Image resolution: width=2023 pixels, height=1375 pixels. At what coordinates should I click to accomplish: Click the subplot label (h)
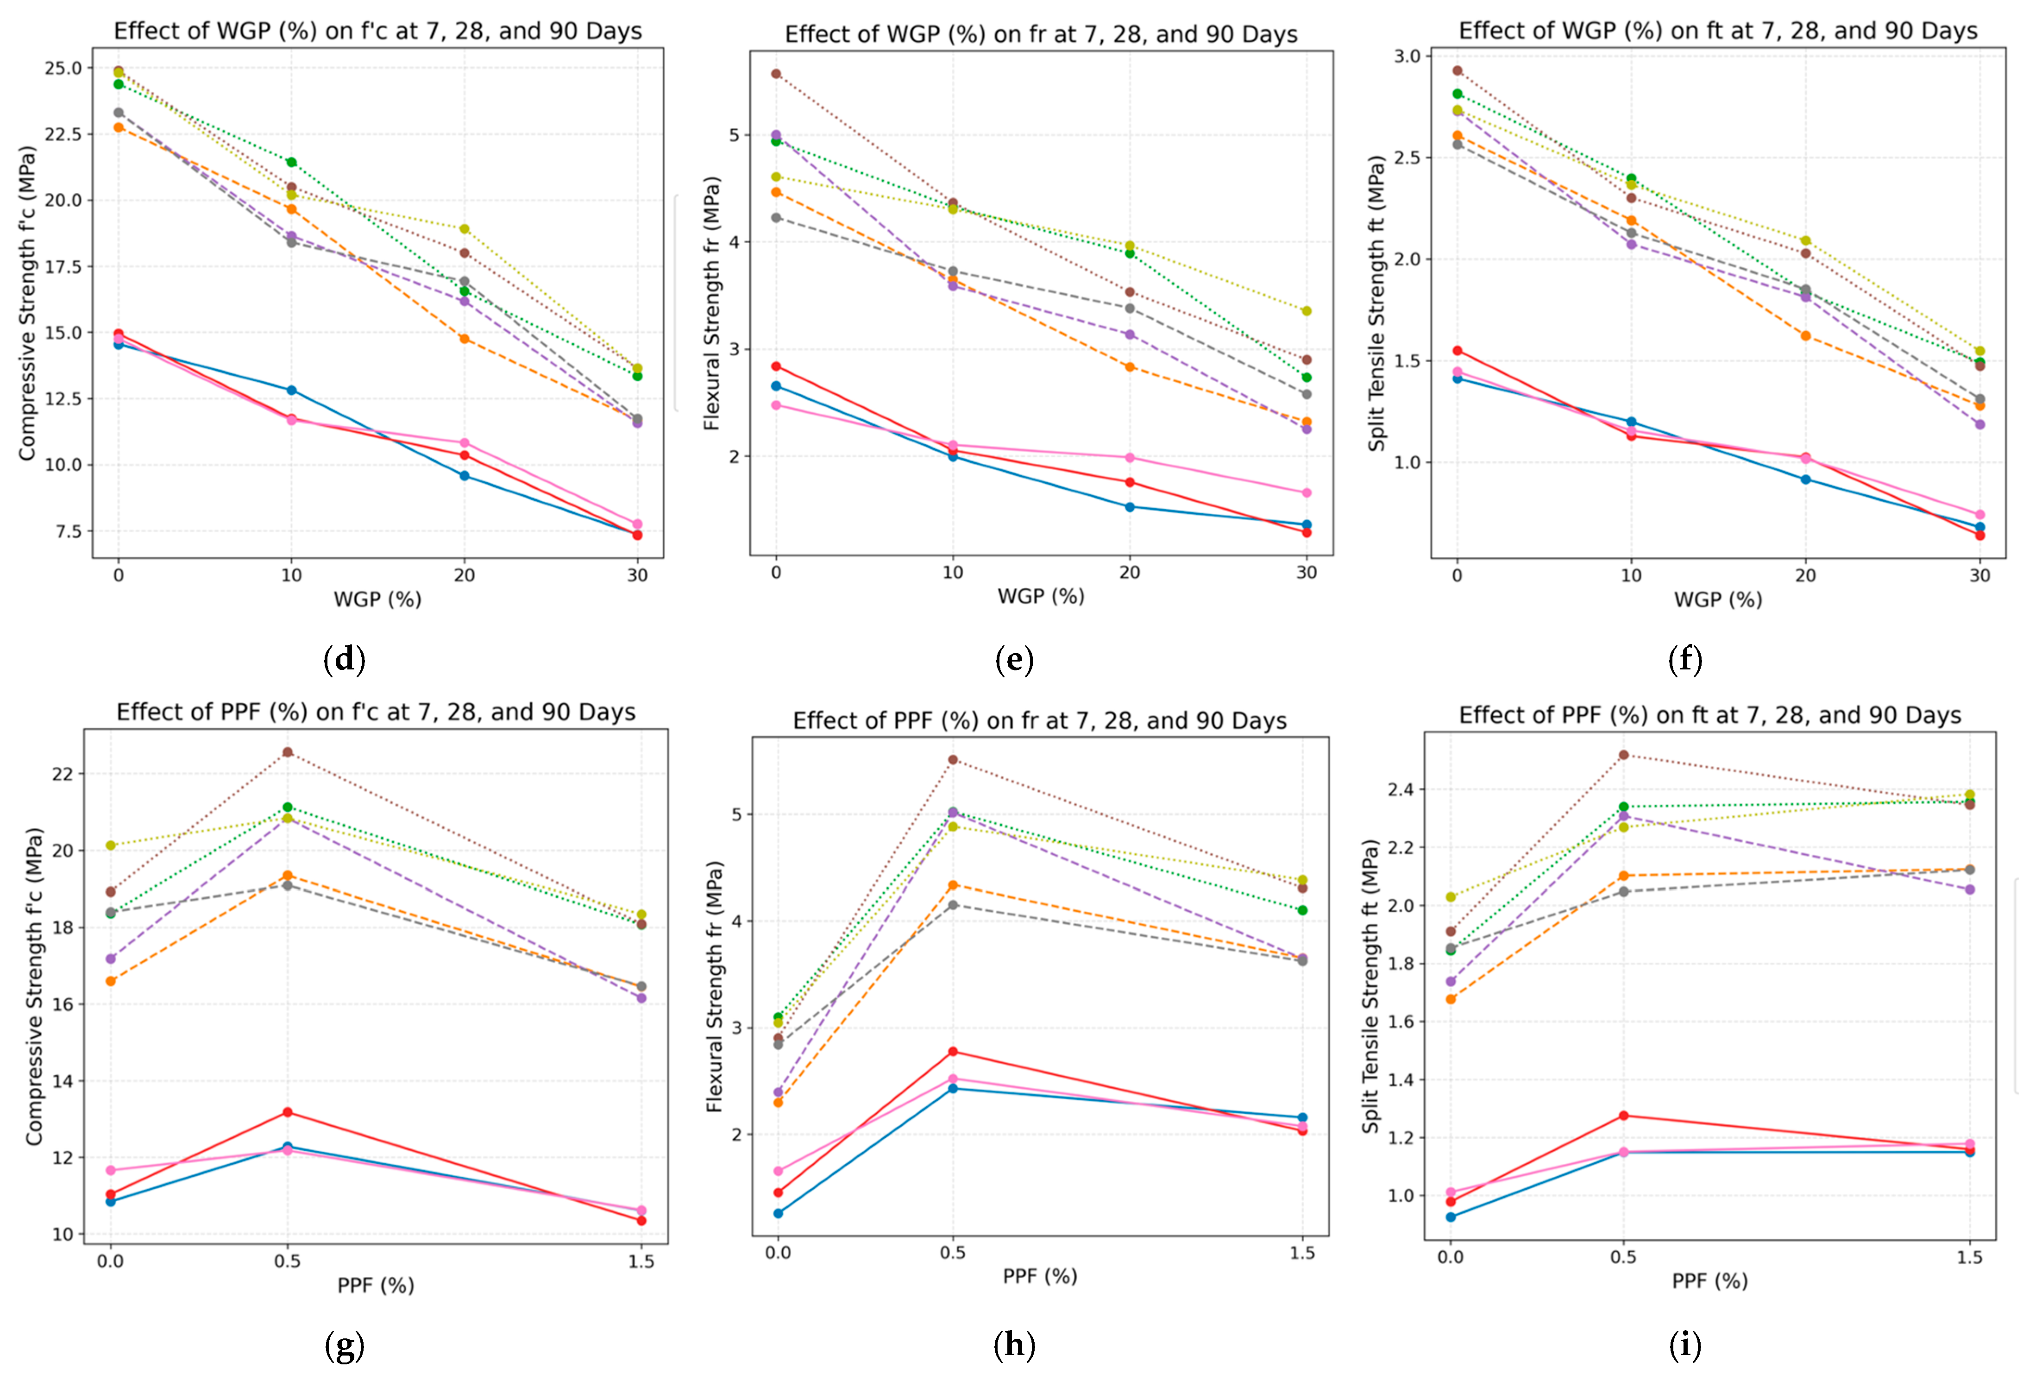click(x=1014, y=1345)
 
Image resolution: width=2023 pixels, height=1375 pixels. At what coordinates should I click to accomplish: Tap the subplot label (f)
click(x=1685, y=659)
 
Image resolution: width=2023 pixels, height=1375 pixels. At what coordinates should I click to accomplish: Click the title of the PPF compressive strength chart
click(x=376, y=713)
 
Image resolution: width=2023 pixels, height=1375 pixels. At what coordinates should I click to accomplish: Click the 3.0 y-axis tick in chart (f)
click(x=1407, y=56)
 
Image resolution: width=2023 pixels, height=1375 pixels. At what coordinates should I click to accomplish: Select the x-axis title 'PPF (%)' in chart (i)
click(x=1709, y=1281)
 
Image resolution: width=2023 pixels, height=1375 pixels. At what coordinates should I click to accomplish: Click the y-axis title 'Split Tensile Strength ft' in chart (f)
click(x=1376, y=303)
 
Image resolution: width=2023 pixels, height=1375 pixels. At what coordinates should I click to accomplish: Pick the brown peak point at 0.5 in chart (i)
click(x=1623, y=755)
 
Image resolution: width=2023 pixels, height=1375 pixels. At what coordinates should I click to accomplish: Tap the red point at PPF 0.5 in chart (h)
click(x=953, y=1052)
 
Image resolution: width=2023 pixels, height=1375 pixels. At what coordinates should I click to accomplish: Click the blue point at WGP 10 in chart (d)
click(x=292, y=390)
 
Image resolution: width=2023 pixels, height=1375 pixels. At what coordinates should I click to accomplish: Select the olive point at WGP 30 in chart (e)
click(x=1307, y=311)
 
